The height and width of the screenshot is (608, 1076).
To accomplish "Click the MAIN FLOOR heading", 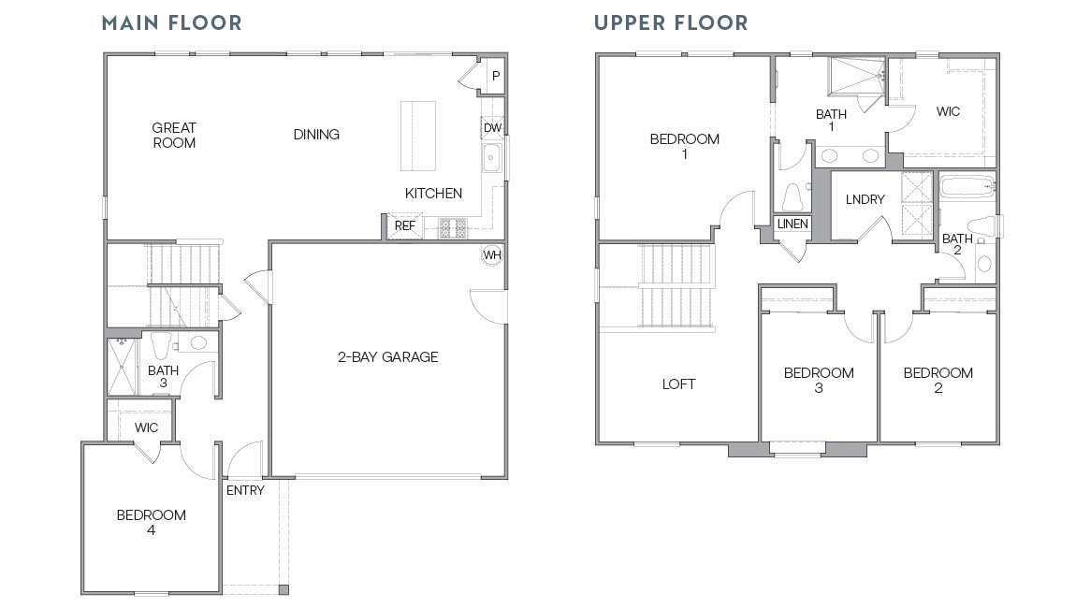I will (171, 22).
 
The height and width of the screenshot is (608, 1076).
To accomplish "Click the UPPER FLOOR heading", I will (671, 22).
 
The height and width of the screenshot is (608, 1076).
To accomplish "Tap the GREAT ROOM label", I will (174, 135).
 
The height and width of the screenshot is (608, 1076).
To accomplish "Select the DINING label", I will (316, 134).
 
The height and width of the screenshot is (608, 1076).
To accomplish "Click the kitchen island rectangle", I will (418, 136).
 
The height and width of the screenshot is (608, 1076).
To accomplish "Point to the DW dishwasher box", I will (492, 128).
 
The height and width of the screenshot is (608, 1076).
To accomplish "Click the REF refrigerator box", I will (404, 225).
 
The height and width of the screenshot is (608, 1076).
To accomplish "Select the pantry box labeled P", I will (495, 76).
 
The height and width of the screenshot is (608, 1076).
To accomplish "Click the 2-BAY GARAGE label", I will (387, 356).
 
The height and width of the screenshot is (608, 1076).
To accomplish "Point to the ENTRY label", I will (245, 490).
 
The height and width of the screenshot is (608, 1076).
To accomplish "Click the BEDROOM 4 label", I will (151, 522).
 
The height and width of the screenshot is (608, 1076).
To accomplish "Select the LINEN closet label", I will (792, 224).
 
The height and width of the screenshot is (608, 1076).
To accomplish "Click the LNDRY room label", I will (865, 199).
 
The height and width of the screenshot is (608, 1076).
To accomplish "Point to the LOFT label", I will (678, 384).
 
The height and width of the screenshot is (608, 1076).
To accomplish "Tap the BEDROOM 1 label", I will (684, 146).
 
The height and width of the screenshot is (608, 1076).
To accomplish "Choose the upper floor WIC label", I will (948, 111).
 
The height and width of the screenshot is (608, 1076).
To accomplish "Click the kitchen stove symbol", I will (452, 225).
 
